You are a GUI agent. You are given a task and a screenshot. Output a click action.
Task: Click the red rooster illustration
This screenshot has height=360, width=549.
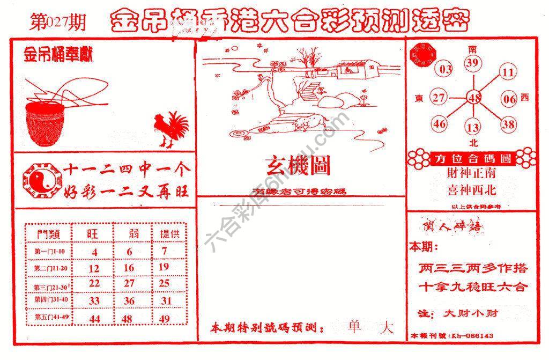click(170, 129)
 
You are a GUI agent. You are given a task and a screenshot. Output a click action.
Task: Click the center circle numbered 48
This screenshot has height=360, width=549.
click(474, 98)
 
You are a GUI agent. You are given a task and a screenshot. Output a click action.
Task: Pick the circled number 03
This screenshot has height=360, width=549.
click(445, 69)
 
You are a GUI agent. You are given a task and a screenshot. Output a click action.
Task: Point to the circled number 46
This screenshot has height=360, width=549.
click(440, 124)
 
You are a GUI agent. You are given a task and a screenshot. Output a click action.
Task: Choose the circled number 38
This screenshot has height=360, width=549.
click(508, 124)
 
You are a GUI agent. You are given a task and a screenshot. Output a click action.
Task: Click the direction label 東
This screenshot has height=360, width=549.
click(419, 98)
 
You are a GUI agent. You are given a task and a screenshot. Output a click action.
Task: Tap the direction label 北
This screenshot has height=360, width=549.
click(473, 143)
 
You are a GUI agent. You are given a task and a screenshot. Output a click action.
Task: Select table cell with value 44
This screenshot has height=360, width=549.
click(94, 319)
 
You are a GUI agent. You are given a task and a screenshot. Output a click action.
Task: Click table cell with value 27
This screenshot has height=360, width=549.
click(129, 283)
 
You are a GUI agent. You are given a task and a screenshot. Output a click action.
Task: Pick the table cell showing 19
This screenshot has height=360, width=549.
click(164, 267)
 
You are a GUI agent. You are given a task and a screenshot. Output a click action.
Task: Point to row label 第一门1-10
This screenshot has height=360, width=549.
click(49, 252)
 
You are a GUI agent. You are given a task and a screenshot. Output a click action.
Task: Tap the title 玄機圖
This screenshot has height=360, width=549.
click(298, 166)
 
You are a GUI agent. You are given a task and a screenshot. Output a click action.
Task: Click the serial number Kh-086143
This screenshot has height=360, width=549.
click(472, 336)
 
